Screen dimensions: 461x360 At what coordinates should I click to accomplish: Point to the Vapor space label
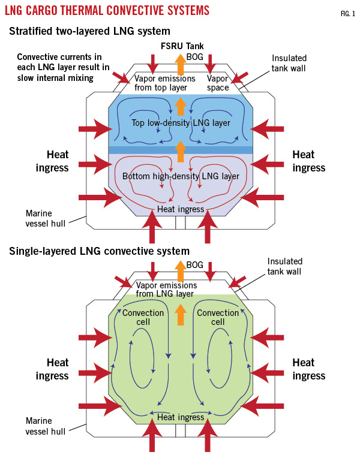click(218, 83)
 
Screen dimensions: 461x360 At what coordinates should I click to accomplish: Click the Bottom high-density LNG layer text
click(181, 176)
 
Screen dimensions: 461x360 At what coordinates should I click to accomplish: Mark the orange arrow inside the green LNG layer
click(180, 314)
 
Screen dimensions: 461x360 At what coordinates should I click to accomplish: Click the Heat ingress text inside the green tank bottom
click(180, 417)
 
